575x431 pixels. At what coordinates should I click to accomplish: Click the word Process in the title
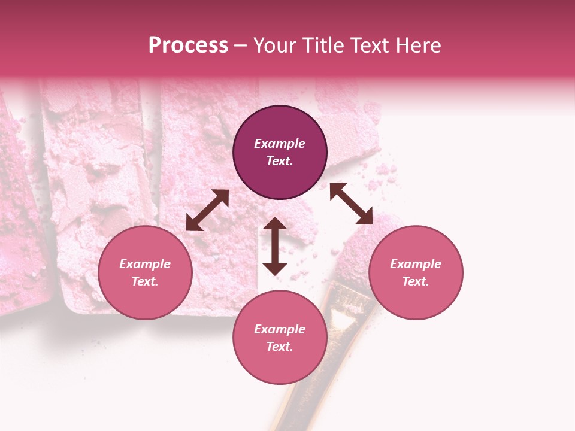188,45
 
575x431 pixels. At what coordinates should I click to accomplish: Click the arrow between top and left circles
207,210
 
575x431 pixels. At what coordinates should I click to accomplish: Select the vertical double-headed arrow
275,246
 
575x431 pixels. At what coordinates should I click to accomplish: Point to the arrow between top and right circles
351,204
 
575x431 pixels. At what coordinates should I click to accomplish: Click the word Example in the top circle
280,144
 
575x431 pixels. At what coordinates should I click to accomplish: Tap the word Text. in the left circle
145,281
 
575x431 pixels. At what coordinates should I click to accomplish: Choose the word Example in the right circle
416,264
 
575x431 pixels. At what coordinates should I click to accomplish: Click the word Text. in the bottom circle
280,347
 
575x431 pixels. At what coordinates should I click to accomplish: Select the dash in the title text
240,46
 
